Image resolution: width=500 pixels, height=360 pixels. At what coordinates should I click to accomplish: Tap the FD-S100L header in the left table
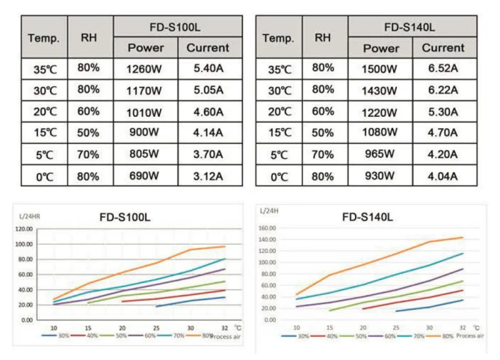point(177,27)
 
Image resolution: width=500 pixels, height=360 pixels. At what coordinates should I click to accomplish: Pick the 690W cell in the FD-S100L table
point(146,176)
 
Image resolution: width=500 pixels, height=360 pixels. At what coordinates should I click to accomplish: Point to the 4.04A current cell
point(442,176)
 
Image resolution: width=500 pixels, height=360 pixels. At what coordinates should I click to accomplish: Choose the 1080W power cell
point(381,132)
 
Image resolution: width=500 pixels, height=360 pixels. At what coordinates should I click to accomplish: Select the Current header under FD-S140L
point(442,47)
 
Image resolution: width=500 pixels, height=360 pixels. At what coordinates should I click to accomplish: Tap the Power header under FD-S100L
point(146,47)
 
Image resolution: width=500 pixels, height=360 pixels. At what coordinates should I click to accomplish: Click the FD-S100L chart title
point(125,218)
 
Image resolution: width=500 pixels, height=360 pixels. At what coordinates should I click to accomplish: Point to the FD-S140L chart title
point(367,217)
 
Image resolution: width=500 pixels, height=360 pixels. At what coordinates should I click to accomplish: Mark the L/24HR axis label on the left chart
point(30,216)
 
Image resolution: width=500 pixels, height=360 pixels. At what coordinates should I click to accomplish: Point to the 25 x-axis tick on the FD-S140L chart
point(396,327)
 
